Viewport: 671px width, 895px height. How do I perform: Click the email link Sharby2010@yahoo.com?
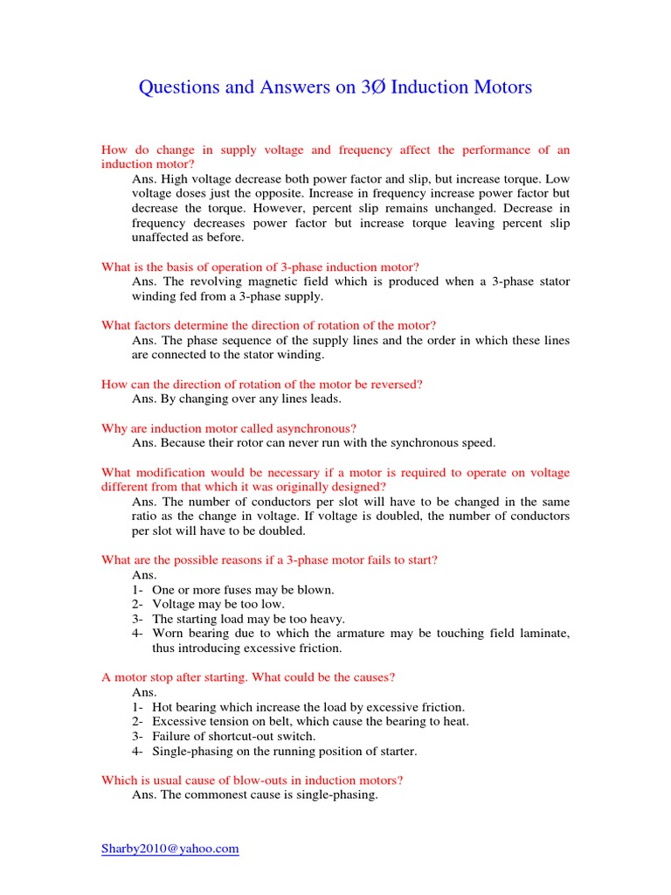170,849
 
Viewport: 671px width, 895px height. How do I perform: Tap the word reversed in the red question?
393,385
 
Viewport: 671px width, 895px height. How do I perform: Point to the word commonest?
216,795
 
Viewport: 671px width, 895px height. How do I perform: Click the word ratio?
147,517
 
